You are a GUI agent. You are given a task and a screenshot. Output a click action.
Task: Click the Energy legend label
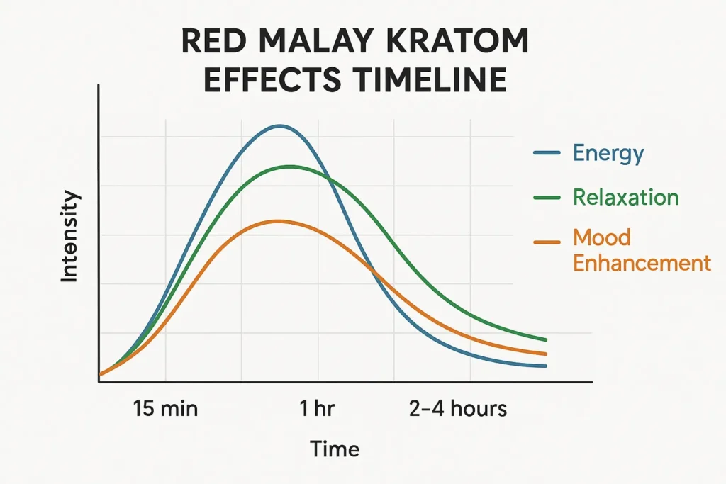coord(608,153)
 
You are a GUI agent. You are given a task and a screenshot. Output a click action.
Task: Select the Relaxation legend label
coord(625,197)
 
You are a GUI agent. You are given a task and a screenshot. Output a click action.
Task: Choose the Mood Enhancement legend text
coord(641,249)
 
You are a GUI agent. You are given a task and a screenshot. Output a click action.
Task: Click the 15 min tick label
coord(165,409)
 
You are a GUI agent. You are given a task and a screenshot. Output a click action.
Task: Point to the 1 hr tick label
coord(317,409)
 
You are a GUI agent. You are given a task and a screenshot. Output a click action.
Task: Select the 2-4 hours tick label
coord(458,409)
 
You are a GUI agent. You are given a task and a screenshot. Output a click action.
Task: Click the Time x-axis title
coord(335,449)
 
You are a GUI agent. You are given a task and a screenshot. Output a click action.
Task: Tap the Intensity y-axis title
coord(69,237)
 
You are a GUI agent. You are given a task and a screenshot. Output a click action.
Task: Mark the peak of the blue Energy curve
coord(280,126)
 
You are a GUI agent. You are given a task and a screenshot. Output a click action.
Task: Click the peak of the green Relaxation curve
coord(289,167)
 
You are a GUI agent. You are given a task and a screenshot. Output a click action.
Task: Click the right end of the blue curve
coord(545,366)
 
